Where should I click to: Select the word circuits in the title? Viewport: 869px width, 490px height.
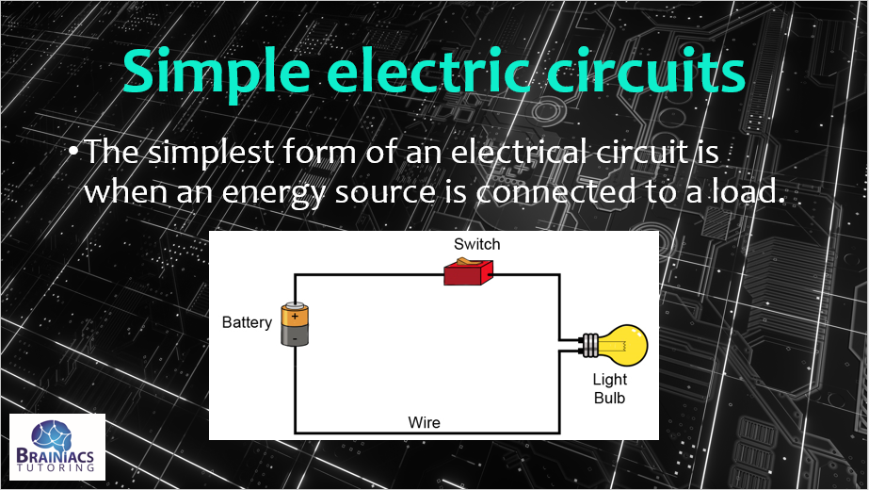tap(640, 71)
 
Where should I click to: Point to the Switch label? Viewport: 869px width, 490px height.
tap(476, 244)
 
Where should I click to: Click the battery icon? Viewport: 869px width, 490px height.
tap(295, 324)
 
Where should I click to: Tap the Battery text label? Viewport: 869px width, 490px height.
tap(247, 322)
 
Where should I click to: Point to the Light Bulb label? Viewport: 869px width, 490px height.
tap(609, 388)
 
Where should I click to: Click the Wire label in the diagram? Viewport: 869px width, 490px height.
tap(424, 421)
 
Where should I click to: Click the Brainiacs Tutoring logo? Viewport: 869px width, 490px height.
tap(57, 447)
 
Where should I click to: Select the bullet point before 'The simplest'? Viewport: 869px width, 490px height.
tap(72, 152)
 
